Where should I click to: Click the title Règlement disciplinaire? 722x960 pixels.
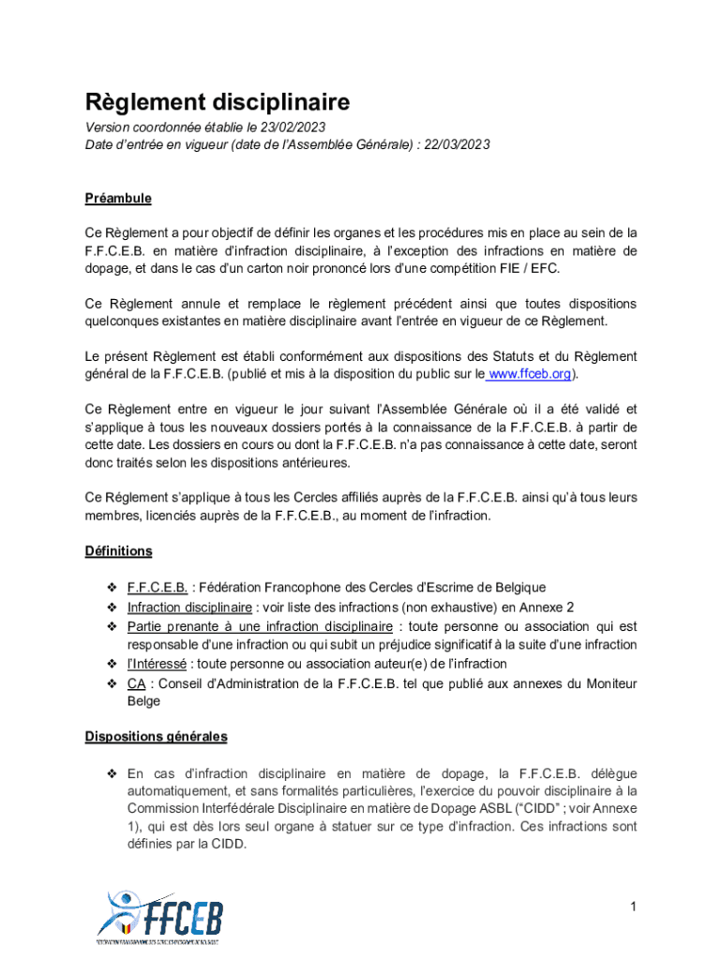[x=218, y=101]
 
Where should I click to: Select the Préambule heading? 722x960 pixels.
[x=118, y=199]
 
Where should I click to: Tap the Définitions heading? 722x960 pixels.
[x=118, y=551]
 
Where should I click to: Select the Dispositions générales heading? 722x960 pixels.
[x=156, y=737]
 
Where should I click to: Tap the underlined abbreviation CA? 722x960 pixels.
[x=136, y=683]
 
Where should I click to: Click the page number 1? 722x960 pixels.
[x=634, y=906]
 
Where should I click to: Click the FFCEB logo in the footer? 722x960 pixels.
[x=159, y=914]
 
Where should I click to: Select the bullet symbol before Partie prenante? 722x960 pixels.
[x=112, y=626]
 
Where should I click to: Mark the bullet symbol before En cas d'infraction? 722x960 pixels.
[x=112, y=773]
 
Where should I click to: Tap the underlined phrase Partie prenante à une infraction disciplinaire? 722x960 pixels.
[x=260, y=626]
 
